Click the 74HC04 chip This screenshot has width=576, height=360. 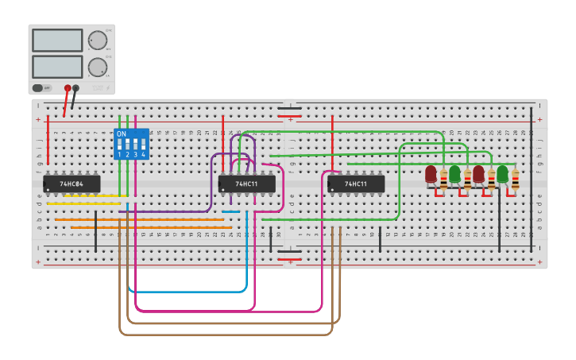pyautogui.click(x=72, y=184)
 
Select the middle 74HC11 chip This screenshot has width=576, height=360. pyautogui.click(x=247, y=184)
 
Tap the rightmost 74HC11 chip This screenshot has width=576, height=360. pyautogui.click(x=356, y=184)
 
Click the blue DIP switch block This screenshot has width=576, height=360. pyautogui.click(x=131, y=144)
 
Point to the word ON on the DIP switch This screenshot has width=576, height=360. pyautogui.click(x=122, y=134)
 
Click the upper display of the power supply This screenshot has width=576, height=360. pyautogui.click(x=57, y=41)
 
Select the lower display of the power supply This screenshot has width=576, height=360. pyautogui.click(x=57, y=66)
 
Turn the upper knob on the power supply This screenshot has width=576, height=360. pyautogui.click(x=97, y=41)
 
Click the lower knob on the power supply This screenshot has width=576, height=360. pyautogui.click(x=97, y=67)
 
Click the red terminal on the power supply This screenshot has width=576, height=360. pyautogui.click(x=68, y=88)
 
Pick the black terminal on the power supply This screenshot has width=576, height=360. pyautogui.click(x=76, y=88)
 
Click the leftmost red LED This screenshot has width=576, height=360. pyautogui.click(x=431, y=174)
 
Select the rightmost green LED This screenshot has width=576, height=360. pyautogui.click(x=502, y=174)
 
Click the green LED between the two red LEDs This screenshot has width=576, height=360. pyautogui.click(x=454, y=174)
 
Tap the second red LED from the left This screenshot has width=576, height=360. pyautogui.click(x=478, y=174)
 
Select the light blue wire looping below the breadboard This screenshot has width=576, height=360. pyautogui.click(x=191, y=292)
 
